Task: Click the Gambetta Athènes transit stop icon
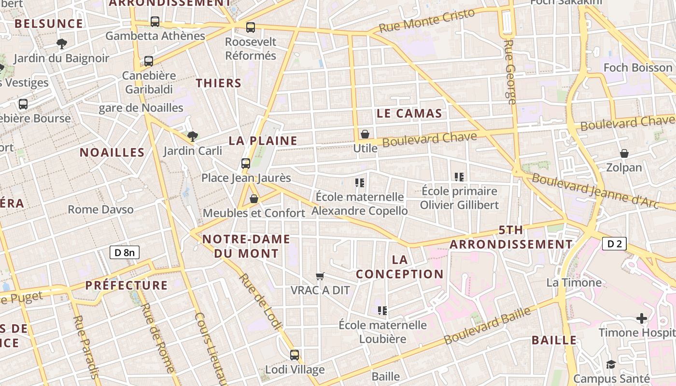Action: tap(155, 22)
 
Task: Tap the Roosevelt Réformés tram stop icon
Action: tap(250, 28)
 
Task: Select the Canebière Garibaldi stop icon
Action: tap(149, 61)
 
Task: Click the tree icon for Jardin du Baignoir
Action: tap(61, 44)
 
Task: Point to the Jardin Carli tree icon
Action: tap(192, 136)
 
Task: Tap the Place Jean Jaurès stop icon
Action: tap(246, 164)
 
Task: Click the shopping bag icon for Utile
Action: tap(365, 134)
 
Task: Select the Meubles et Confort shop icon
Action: tap(254, 199)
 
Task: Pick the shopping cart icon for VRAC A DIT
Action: tap(320, 276)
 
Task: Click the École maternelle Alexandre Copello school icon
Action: tap(360, 183)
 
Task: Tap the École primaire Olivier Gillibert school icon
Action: tap(459, 177)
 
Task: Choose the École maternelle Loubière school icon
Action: tap(382, 311)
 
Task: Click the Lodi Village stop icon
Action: tap(295, 355)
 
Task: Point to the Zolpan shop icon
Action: tap(624, 153)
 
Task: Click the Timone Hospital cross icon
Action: tap(641, 318)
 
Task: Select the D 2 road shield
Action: tap(614, 244)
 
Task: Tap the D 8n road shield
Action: tap(125, 252)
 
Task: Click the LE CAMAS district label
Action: tap(409, 113)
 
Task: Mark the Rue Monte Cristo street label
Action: tap(427, 21)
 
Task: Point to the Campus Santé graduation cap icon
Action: tap(611, 364)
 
